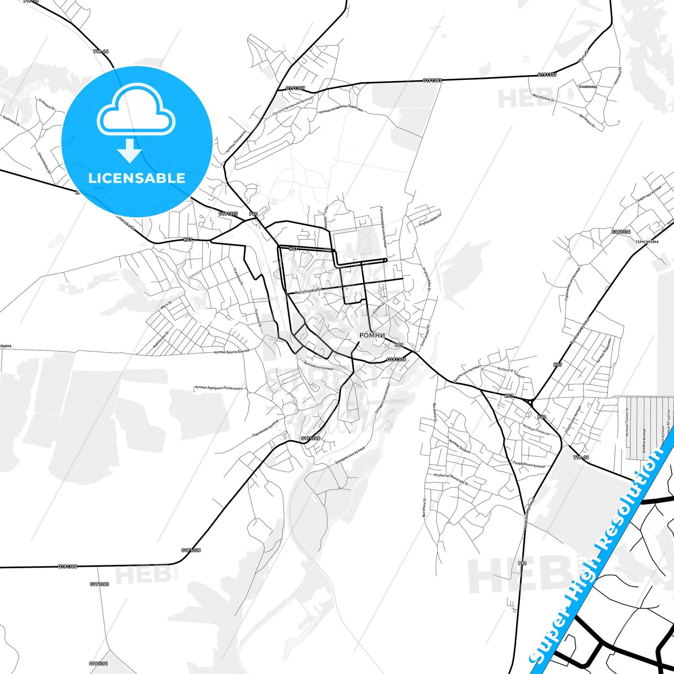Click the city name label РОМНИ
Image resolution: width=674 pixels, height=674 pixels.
coord(372,335)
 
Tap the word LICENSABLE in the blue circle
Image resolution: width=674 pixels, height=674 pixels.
coord(137,178)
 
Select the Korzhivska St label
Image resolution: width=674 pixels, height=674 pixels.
coord(309,291)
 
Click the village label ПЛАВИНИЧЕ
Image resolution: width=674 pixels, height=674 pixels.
coord(587,87)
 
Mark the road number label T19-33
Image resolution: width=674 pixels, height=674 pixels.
coord(581,458)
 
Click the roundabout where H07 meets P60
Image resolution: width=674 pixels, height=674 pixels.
coord(530,401)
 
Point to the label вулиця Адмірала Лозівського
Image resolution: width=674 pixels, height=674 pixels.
coord(219,388)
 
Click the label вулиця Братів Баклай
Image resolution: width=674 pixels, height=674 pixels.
coord(232,352)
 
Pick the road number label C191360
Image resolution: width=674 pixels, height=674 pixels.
coord(99,584)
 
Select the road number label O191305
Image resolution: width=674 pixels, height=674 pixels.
coord(228,214)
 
